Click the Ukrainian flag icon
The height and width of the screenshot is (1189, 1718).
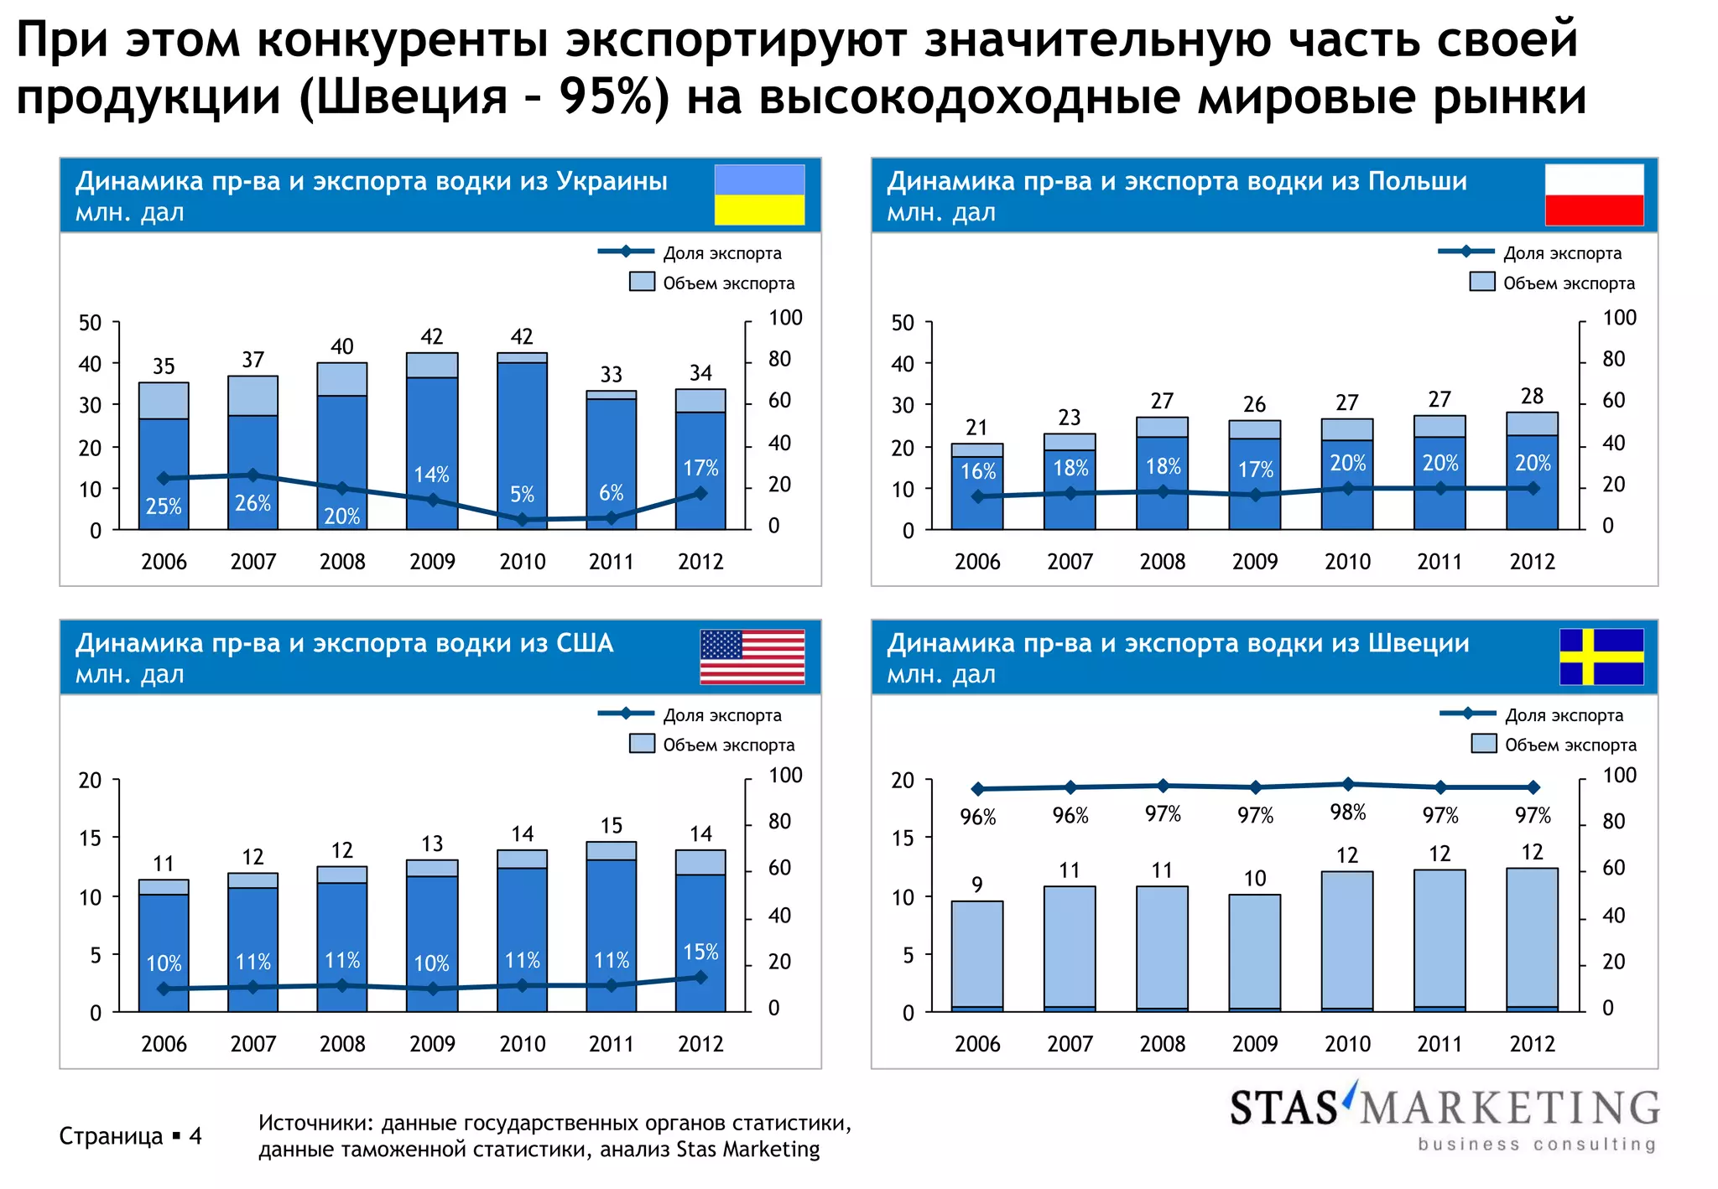point(759,195)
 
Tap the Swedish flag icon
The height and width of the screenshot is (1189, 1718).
point(1601,657)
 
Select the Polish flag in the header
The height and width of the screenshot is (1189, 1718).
point(1594,195)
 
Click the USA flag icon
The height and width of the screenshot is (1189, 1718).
point(752,657)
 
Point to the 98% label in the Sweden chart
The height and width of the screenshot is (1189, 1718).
point(1347,813)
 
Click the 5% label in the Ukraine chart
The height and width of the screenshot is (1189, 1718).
point(522,495)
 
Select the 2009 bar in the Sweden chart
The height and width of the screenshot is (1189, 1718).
point(1254,953)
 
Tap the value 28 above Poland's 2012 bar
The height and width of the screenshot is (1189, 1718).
point(1532,397)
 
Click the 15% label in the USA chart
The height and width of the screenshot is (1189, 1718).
point(700,953)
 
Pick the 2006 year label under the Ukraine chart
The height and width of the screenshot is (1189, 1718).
point(164,562)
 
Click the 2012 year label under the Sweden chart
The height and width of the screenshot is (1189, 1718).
point(1532,1044)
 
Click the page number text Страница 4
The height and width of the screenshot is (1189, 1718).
point(130,1136)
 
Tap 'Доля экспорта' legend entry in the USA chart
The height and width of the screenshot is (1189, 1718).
point(721,715)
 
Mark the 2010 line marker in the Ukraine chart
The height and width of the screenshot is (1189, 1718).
point(522,520)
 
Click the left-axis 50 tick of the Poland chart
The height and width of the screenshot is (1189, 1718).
point(903,323)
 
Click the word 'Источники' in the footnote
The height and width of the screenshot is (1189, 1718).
point(315,1123)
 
